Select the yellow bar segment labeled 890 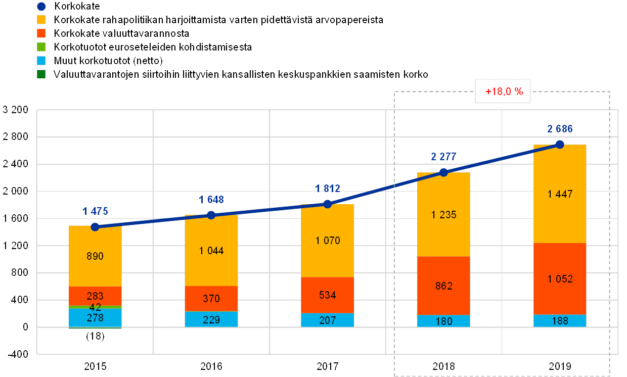tap(95, 256)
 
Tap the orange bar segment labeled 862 tap(443, 286)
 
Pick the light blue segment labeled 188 tap(560, 320)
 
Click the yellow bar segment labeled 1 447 tap(560, 194)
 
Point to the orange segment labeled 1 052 tap(560, 278)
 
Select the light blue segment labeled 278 tap(95, 318)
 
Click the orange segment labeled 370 tap(211, 299)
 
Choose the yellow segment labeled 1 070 tap(327, 241)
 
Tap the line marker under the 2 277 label tap(443, 172)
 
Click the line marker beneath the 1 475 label tap(95, 227)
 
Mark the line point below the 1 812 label tap(327, 204)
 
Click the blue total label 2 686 tap(560, 129)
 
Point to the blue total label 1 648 tap(211, 200)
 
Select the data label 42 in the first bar tap(95, 307)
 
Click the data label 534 tap(327, 295)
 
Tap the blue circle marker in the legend tap(41, 7)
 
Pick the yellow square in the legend tap(41, 20)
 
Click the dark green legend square tap(41, 74)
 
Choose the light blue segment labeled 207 tap(327, 320)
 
